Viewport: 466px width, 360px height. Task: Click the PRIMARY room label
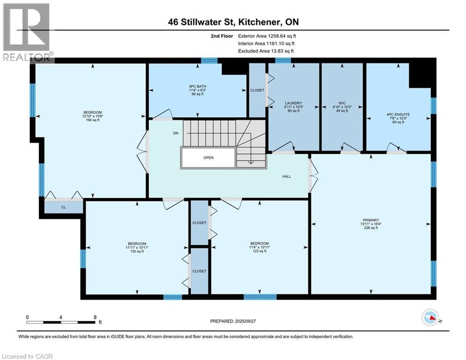tap(370, 220)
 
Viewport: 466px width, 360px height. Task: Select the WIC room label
tap(342, 103)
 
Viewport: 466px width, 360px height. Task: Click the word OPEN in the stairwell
tap(208, 157)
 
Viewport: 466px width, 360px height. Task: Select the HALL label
tap(287, 176)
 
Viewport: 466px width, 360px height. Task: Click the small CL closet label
tap(64, 207)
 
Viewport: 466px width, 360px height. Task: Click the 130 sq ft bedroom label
tap(136, 244)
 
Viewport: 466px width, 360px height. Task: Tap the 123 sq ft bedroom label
tap(259, 243)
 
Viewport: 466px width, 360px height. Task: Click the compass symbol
tap(430, 318)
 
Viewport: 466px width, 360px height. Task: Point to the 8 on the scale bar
tap(96, 317)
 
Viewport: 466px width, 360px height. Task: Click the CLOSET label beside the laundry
tap(257, 90)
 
